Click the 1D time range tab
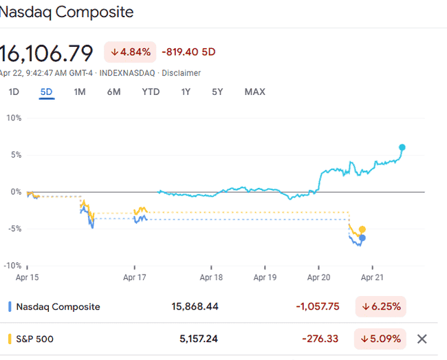[14, 92]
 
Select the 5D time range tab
[46, 92]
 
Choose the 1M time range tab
[80, 92]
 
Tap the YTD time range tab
[151, 92]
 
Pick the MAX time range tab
[254, 92]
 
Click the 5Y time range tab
[217, 92]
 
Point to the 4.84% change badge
[131, 52]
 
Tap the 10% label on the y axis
[14, 118]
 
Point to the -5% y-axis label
[13, 229]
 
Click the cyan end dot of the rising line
[402, 147]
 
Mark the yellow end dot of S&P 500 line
[362, 229]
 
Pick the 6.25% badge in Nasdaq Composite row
[381, 306]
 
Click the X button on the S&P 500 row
[422, 339]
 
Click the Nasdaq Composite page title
[67, 12]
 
